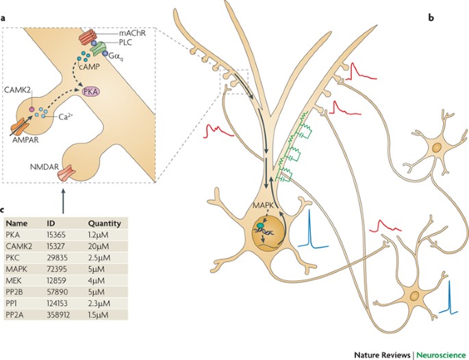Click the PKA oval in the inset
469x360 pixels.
(x=92, y=91)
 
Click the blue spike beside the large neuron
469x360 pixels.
(x=309, y=232)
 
